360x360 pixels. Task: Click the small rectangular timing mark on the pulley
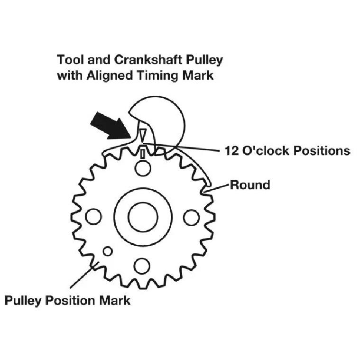(x=143, y=154)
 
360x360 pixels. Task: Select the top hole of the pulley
(x=143, y=168)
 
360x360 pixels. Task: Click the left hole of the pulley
(x=93, y=217)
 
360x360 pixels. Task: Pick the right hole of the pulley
(x=192, y=217)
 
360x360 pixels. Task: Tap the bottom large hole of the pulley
(x=142, y=266)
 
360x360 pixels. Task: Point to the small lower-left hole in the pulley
(x=108, y=251)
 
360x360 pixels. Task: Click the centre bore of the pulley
(x=143, y=217)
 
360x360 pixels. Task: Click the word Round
(x=250, y=185)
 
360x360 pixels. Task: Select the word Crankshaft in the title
(x=148, y=60)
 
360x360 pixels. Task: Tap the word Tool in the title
(x=71, y=60)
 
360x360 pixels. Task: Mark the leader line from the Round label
(x=217, y=187)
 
